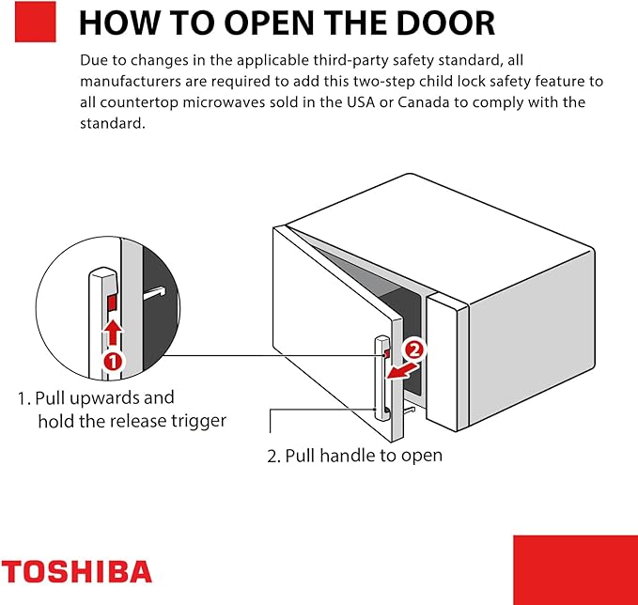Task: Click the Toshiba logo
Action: pyautogui.click(x=76, y=571)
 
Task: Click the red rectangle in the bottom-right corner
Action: pyautogui.click(x=575, y=569)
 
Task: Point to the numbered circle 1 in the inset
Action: pyautogui.click(x=112, y=360)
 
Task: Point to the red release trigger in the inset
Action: pyautogui.click(x=112, y=302)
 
